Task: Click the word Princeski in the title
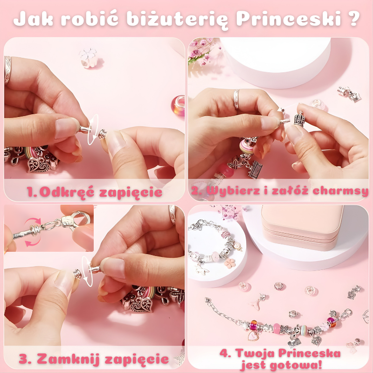tap(289, 19)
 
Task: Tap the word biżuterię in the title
tap(177, 20)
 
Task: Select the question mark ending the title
tap(354, 19)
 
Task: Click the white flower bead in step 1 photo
tap(88, 57)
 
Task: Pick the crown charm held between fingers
tap(299, 119)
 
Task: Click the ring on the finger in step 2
tap(236, 99)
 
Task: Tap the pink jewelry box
tap(302, 228)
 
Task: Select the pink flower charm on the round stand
tap(229, 263)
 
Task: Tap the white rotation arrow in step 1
tap(93, 130)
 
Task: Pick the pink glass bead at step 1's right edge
tap(178, 106)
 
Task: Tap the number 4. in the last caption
tap(225, 353)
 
